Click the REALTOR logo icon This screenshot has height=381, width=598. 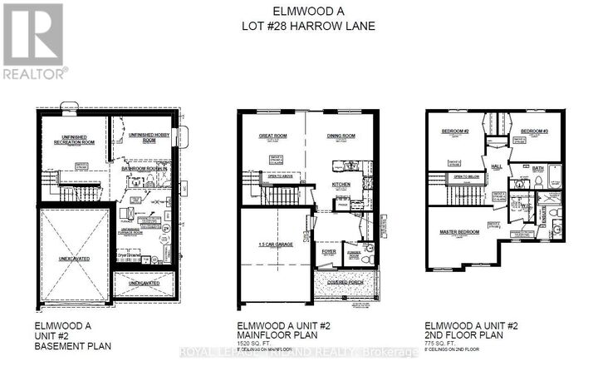(x=33, y=34)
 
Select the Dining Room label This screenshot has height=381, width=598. (x=341, y=135)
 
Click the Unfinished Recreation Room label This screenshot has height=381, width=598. (x=73, y=139)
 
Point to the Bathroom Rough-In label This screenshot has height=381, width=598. (x=145, y=169)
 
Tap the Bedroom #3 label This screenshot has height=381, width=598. (x=534, y=131)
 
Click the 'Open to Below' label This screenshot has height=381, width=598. (x=467, y=177)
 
